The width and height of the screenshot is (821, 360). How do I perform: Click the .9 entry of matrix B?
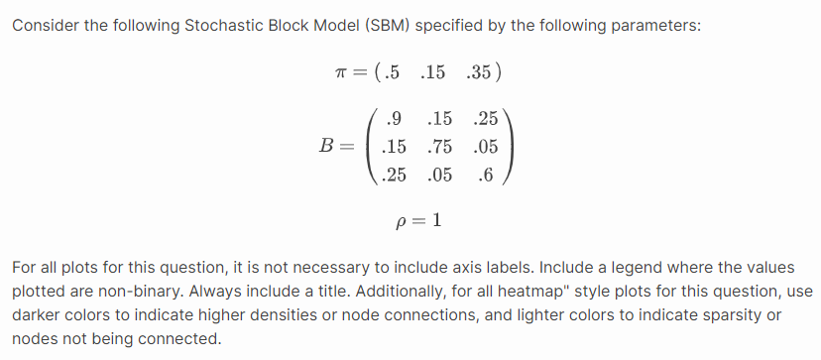[394, 120]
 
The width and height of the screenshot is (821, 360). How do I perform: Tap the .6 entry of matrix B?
[485, 176]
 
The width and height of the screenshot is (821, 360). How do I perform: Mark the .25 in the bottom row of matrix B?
[394, 176]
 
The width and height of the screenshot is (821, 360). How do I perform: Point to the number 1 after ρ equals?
[435, 219]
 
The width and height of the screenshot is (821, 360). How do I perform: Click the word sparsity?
[721, 315]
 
